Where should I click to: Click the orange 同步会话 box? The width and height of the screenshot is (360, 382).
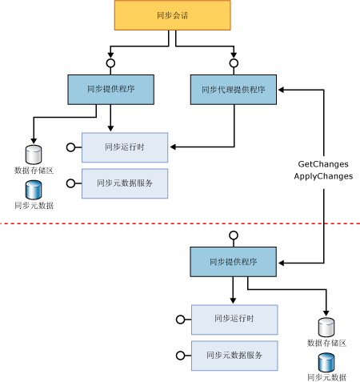[x=172, y=15]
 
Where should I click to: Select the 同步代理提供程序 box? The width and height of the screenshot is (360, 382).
[x=234, y=90]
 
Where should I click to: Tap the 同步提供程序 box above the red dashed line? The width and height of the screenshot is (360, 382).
[x=110, y=90]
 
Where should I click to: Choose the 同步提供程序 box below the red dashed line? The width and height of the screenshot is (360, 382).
[x=233, y=262]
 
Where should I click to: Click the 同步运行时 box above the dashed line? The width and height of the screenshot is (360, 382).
[x=124, y=147]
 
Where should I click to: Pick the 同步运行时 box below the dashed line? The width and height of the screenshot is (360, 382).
[x=234, y=320]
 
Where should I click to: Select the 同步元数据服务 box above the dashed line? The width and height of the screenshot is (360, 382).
[x=124, y=183]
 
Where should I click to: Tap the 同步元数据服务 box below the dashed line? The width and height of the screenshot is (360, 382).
[x=234, y=355]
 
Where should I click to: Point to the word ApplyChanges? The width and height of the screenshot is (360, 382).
[x=323, y=176]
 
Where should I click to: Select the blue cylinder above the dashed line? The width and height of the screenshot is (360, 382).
[x=33, y=190]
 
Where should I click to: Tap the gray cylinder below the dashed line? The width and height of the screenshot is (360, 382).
[x=326, y=327]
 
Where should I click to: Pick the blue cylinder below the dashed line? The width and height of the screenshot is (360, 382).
[x=326, y=362]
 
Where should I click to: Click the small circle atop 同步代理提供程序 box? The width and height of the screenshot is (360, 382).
[x=234, y=62]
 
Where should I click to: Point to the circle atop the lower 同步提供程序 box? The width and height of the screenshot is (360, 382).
[x=233, y=235]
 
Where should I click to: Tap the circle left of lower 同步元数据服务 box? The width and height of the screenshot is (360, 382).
[x=179, y=356]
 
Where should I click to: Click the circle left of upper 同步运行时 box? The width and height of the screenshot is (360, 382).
[x=70, y=147]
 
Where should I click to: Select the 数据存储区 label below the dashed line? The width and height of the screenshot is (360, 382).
[x=326, y=343]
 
